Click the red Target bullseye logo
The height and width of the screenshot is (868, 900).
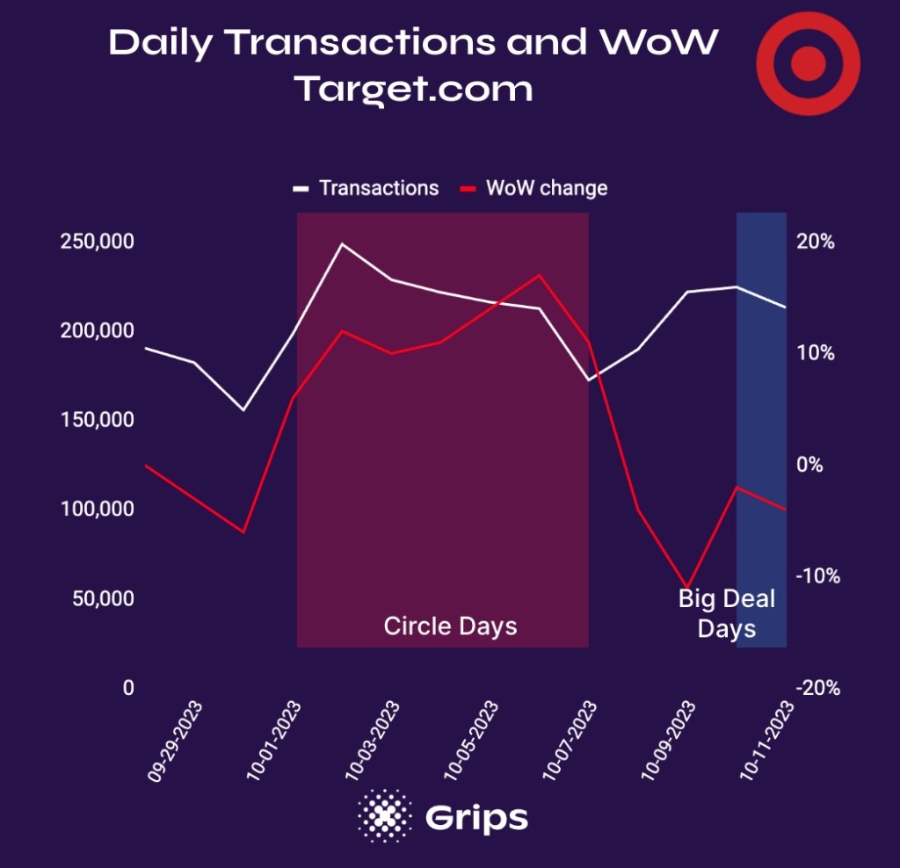tap(809, 63)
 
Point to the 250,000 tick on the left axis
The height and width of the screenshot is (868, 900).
tap(97, 242)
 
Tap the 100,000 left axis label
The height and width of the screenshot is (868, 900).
tap(97, 510)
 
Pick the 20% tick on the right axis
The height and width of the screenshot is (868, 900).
tap(816, 242)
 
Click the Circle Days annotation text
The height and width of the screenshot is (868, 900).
tap(450, 626)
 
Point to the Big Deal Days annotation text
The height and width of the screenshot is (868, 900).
tap(727, 613)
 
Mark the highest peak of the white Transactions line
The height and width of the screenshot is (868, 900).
tap(342, 243)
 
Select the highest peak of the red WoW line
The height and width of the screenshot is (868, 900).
tap(540, 275)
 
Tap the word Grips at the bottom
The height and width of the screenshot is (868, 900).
tap(476, 817)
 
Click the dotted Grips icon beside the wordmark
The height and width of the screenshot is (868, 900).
tap(384, 815)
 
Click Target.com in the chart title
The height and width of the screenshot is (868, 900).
tap(413, 89)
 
